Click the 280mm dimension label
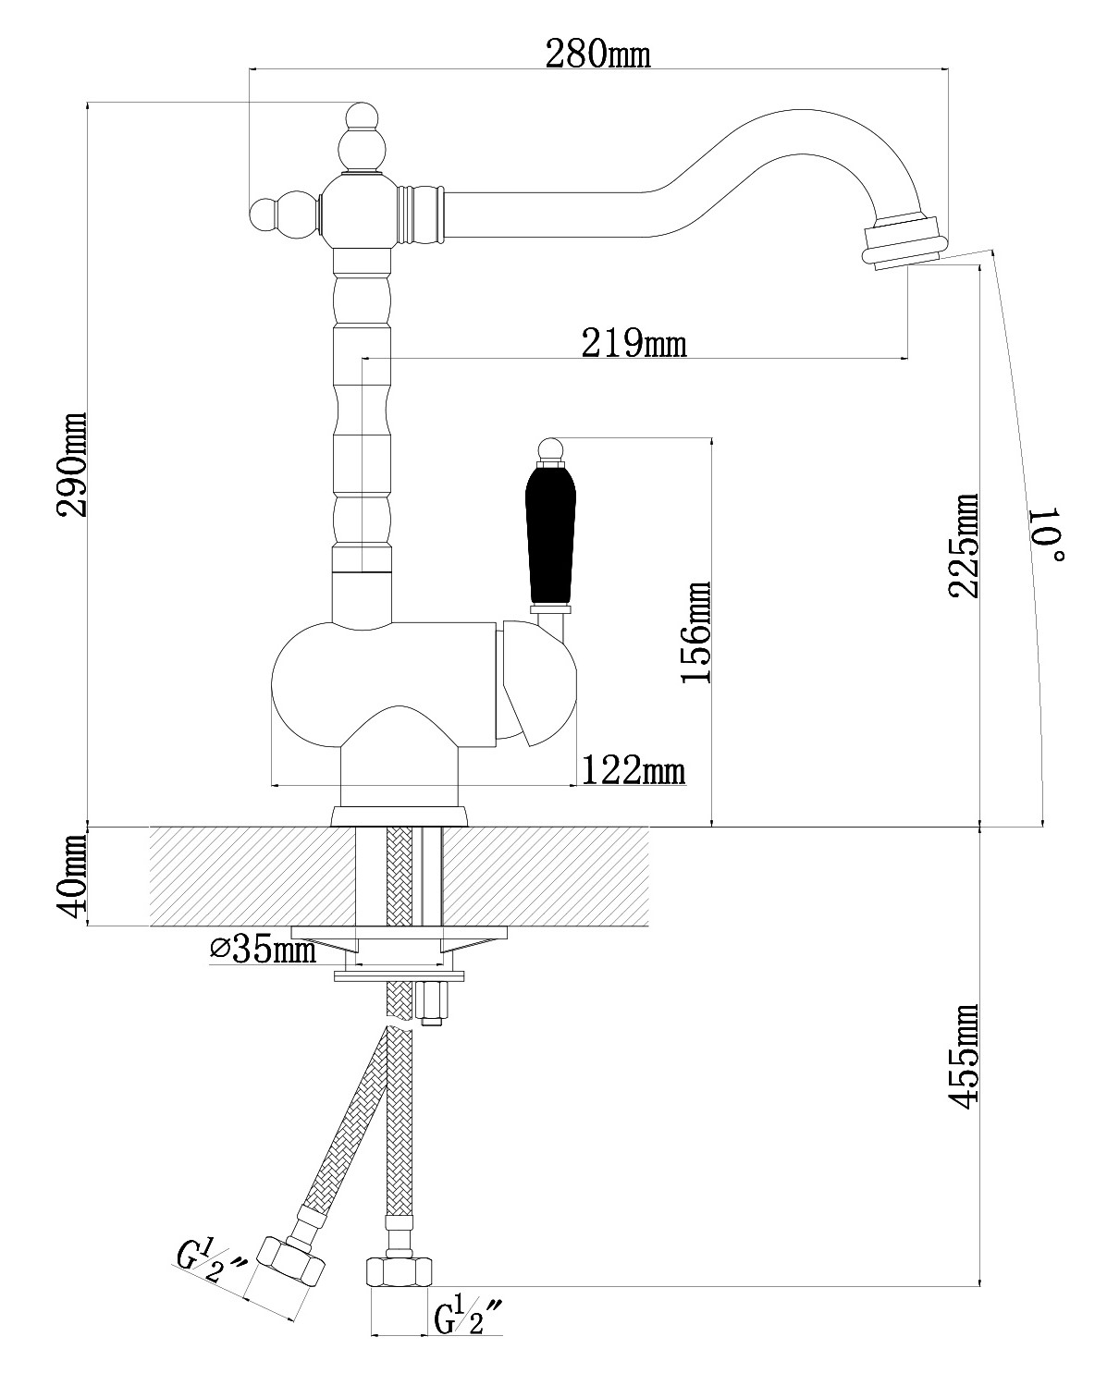pyautogui.click(x=597, y=54)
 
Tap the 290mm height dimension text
pyautogui.click(x=71, y=464)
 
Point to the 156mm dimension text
pyautogui.click(x=696, y=632)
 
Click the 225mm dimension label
pyautogui.click(x=964, y=546)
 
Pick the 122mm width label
pyautogui.click(x=633, y=770)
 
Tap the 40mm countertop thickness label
pyautogui.click(x=71, y=876)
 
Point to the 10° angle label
pyautogui.click(x=1047, y=534)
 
